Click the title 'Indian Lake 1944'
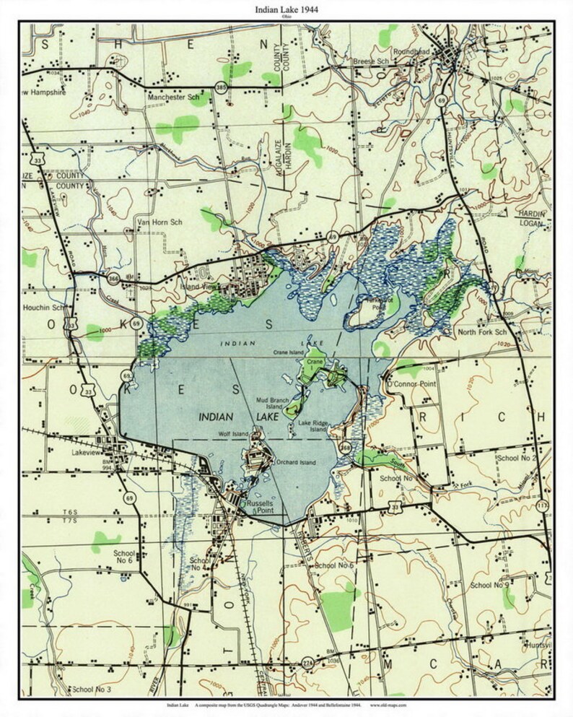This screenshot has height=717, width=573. click(x=286, y=9)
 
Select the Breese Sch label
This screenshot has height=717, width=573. click(x=370, y=62)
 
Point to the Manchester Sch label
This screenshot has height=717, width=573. click(x=173, y=96)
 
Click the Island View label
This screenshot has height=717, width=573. click(x=198, y=287)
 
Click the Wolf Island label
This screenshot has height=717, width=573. click(x=233, y=433)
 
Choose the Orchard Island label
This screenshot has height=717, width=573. click(x=296, y=462)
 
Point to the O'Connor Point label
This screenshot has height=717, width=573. click(x=412, y=383)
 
